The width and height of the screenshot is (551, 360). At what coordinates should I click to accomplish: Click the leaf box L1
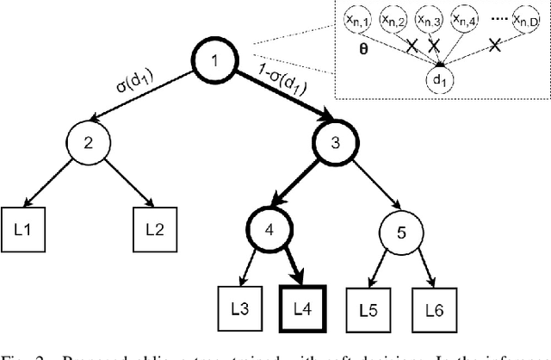pos(25,231)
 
